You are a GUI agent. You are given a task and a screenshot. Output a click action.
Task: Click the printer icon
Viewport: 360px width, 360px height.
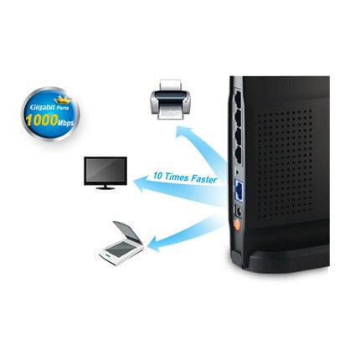171,100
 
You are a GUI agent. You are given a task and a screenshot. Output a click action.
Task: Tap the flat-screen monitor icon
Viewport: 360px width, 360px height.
105,173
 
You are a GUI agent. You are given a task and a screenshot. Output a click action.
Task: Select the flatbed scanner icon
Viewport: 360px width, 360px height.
121,243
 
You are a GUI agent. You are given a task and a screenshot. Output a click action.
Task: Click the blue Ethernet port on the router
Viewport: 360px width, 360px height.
239,190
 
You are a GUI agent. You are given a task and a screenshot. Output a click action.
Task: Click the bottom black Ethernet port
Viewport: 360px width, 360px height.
238,155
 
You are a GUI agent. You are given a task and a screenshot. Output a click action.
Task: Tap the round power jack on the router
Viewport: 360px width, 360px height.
239,211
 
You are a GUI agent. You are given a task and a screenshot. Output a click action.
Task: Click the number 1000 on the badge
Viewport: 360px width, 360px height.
42,120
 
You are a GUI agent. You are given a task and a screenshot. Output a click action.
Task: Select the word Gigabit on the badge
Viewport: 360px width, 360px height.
40,107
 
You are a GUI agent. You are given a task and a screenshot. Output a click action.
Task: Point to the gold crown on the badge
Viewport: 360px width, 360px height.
63,99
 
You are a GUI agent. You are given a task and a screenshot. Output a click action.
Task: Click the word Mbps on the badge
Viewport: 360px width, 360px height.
66,122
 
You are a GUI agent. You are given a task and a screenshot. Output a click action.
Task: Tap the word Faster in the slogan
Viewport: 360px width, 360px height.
204,179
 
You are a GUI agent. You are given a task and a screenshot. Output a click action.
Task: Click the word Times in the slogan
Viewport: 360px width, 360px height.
177,177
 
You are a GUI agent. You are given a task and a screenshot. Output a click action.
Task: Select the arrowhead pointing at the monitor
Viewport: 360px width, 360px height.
141,184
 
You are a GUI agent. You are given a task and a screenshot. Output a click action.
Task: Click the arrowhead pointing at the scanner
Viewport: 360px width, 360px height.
154,244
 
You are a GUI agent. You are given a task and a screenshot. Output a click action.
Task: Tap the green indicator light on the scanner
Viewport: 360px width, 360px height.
107,255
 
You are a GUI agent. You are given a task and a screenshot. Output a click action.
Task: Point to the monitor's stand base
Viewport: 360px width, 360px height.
105,188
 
